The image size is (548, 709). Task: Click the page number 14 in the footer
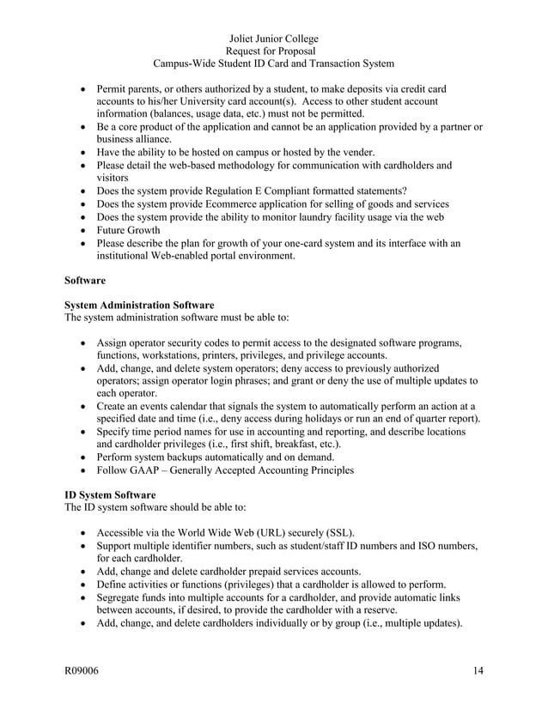pos(478,670)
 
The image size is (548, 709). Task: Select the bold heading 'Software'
pos(86,280)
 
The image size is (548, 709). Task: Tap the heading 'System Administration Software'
pos(139,305)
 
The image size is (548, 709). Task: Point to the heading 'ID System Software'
pos(110,495)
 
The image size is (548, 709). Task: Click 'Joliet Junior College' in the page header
pos(274,39)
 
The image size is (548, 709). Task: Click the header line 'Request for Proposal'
pos(273,52)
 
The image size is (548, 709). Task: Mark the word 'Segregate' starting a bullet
pos(124,597)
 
